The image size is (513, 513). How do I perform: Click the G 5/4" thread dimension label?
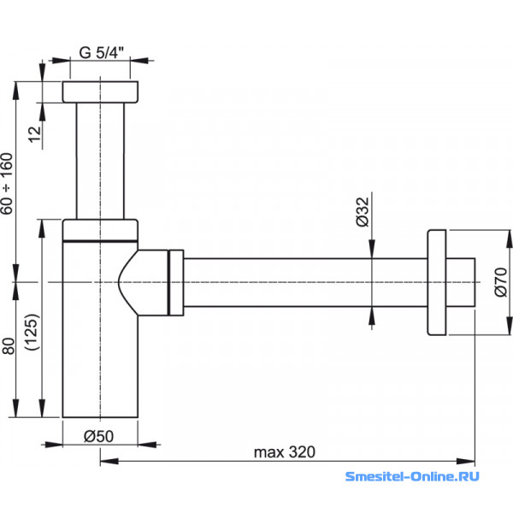pos(102,53)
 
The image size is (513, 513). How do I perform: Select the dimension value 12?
pos(35,134)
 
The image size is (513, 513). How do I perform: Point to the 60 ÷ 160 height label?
pos(7,184)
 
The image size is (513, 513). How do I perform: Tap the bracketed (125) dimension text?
pos(32,332)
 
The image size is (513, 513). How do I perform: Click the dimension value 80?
pos(9,346)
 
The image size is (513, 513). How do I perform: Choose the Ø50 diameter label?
pos(98,436)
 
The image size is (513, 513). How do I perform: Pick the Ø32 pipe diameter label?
pos(363,212)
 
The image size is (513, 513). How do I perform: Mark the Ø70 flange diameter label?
pos(501,282)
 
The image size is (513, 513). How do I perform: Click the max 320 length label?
pos(285,452)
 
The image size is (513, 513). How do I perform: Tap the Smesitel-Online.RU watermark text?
pos(412,476)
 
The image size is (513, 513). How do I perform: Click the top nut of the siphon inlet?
pos(100,92)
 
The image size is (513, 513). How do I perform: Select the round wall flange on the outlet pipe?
pos(436,283)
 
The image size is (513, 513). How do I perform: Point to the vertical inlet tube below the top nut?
pos(100,161)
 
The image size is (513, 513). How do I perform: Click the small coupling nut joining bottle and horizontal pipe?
pos(176,283)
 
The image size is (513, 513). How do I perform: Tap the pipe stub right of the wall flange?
pos(461,282)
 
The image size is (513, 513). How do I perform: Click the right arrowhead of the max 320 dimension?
pos(466,462)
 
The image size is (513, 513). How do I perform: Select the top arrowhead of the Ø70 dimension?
pos(509,239)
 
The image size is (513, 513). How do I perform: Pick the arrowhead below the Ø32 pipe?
pos(372,316)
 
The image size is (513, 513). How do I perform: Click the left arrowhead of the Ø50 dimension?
pos(53,445)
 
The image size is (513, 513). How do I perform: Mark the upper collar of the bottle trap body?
pos(100,230)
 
